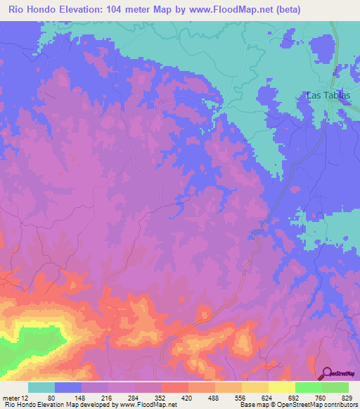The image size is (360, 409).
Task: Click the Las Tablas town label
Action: pyautogui.click(x=327, y=96)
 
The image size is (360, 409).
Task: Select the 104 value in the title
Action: pyautogui.click(x=122, y=10)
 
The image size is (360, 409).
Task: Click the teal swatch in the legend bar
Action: pyautogui.click(x=41, y=388)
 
